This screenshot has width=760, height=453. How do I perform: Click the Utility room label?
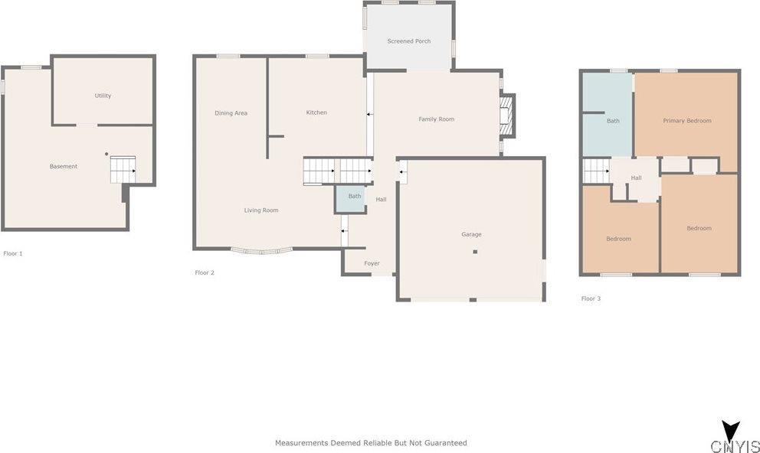[x=103, y=96]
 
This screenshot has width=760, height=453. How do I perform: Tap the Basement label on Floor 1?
[x=64, y=166]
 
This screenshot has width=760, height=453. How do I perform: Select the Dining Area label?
[x=231, y=113]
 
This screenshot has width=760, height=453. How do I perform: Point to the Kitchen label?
[x=316, y=112]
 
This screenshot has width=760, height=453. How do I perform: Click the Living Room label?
[x=261, y=210]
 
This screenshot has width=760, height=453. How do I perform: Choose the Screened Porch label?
[x=409, y=41]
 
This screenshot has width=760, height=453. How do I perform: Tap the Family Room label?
[x=437, y=119]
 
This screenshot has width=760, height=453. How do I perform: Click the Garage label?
[x=471, y=234]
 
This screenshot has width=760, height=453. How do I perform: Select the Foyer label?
[x=372, y=263]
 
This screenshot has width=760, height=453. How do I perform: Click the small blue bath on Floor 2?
[x=354, y=198]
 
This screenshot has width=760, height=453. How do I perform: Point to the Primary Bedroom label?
[x=687, y=120]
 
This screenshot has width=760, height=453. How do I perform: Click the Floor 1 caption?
[x=13, y=253]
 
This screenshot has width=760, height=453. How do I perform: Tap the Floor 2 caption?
[x=205, y=272]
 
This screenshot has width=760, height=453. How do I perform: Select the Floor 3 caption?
[x=591, y=298]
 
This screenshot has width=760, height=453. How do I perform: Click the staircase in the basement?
[x=123, y=169]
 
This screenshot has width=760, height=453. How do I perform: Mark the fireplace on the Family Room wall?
[x=506, y=116]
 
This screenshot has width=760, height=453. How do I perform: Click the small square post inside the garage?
[x=475, y=252]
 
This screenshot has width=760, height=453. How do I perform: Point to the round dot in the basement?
[x=106, y=154]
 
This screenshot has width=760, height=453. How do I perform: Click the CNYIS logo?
[x=734, y=439]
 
